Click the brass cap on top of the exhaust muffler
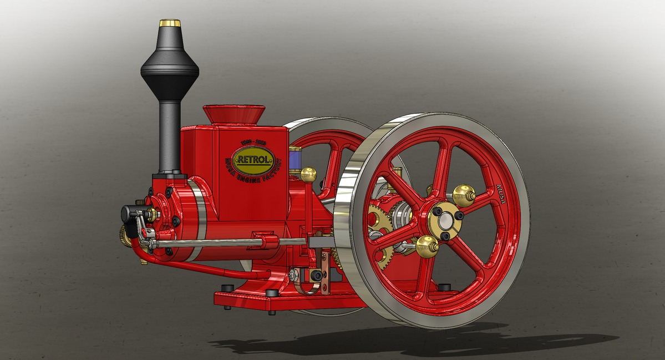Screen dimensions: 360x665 [170, 23]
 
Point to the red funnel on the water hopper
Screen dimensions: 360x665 [233, 114]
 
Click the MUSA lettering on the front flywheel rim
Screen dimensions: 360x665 [501, 193]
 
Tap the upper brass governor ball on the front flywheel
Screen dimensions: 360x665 [463, 195]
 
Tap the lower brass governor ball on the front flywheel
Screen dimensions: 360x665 [427, 245]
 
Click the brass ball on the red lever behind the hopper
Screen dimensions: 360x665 [308, 175]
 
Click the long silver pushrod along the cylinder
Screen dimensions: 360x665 [211, 242]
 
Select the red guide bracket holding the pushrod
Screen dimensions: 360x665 [266, 240]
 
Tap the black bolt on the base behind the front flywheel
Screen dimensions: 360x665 [444, 287]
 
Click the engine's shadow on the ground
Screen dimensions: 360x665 [422, 344]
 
